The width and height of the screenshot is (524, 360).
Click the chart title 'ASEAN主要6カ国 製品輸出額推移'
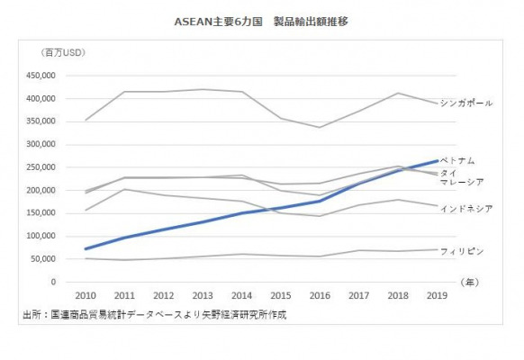pos(261,22)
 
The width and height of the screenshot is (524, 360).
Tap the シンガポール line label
pos(465,103)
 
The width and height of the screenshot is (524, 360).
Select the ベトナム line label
pos(457,160)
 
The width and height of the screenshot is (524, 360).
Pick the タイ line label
pos(448,173)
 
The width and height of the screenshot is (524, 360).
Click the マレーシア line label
pos(462,182)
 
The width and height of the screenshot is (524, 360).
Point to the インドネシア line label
pos(466,209)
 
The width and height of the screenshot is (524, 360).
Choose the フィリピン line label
pos(462,251)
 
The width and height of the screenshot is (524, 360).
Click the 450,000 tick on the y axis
pos(41,76)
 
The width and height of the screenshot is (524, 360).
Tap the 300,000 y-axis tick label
pos(41,144)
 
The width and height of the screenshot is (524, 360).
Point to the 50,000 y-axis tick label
pos(43,259)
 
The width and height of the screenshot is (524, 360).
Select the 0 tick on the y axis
pos(53,282)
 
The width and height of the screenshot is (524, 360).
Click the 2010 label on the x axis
pos(86,295)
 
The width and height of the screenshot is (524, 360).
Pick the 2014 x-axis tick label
pos(241,295)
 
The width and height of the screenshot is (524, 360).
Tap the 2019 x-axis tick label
pos(437,295)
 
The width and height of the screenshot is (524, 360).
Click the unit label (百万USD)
pos(63,53)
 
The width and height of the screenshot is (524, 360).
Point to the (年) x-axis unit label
pos(469,283)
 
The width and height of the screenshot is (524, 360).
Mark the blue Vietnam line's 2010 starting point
pos(86,248)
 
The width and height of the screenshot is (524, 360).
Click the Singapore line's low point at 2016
pos(320,127)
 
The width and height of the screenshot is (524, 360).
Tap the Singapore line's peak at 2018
pos(398,93)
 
